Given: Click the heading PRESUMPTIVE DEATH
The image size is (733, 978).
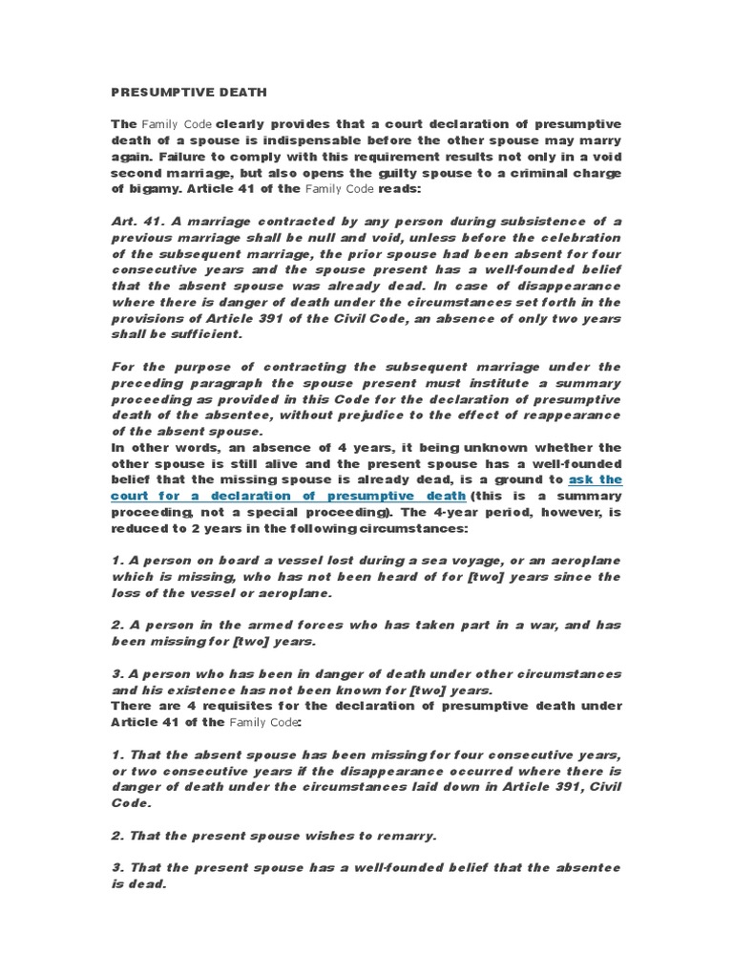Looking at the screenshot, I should coord(189,93).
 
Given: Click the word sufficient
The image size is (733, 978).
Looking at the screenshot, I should coord(203,335).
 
